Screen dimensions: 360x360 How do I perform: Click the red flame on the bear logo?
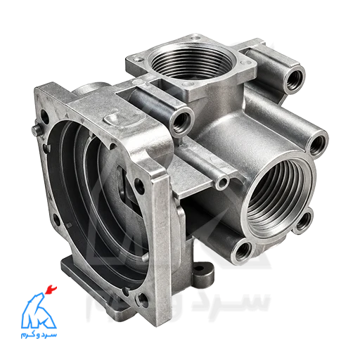[x=51, y=290]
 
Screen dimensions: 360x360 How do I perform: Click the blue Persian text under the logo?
[x=39, y=334]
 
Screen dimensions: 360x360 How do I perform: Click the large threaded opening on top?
[x=192, y=62]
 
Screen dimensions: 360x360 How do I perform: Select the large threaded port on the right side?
[x=279, y=197]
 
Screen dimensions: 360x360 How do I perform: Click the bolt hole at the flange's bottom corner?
[x=143, y=300]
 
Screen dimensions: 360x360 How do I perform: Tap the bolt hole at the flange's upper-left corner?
[x=44, y=117]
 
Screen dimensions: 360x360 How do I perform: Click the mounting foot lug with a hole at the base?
[x=203, y=273]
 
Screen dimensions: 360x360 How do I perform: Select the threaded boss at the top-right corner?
[x=294, y=79]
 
